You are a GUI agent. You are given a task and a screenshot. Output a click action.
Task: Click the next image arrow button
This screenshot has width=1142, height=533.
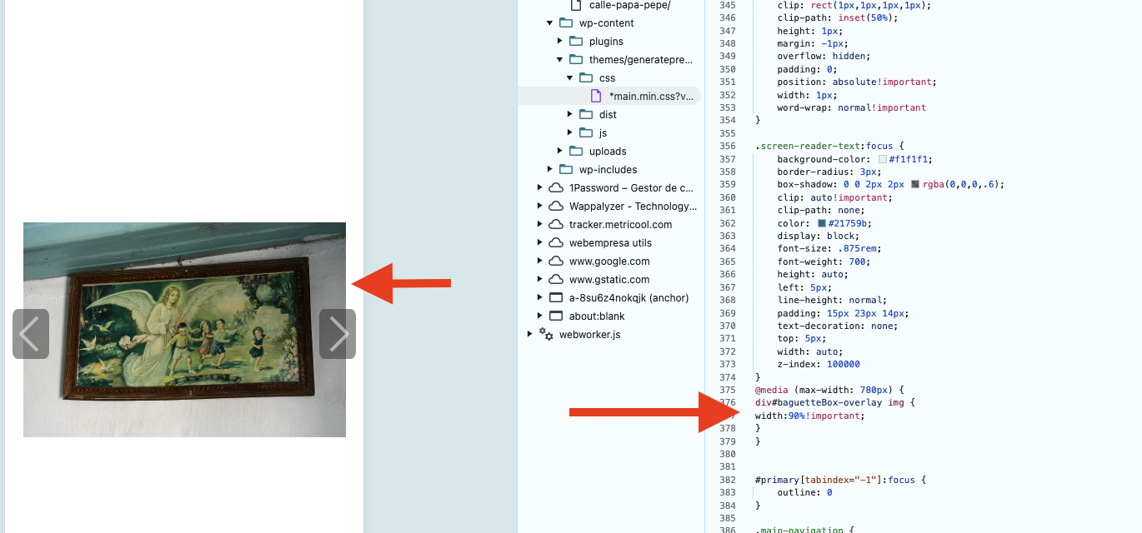[338, 334]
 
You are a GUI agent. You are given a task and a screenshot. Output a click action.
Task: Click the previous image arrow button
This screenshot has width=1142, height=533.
[31, 334]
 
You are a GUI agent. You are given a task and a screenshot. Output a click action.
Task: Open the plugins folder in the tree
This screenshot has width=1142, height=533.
[606, 42]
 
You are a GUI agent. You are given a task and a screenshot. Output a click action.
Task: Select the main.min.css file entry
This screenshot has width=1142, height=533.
[651, 97]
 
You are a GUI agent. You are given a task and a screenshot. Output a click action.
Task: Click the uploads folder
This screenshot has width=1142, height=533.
[608, 152]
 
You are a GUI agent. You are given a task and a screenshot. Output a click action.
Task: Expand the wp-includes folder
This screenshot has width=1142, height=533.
[549, 169]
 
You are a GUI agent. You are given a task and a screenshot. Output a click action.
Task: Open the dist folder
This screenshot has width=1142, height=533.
[608, 115]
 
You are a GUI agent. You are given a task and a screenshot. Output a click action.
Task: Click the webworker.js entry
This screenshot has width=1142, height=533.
[589, 335]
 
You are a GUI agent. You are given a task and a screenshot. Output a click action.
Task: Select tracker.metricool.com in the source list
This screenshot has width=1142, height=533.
[620, 225]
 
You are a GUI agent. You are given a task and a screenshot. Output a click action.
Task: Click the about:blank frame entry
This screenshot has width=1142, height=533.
[597, 316]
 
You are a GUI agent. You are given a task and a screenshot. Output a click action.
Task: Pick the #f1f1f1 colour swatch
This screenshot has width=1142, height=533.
[883, 160]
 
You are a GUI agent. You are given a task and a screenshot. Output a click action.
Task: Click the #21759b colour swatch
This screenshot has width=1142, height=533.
[822, 223]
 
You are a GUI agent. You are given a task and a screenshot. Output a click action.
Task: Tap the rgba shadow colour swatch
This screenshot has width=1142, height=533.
[915, 184]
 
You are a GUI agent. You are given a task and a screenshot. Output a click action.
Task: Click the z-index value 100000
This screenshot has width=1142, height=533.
[844, 364]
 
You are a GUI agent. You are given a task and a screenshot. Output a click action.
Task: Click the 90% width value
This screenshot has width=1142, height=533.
[797, 416]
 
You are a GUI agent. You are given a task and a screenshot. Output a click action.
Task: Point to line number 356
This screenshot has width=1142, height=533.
[728, 147]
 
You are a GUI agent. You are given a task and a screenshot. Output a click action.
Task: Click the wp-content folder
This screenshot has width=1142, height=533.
[606, 23]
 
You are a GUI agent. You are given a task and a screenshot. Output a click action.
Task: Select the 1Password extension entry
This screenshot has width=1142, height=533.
[631, 188]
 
